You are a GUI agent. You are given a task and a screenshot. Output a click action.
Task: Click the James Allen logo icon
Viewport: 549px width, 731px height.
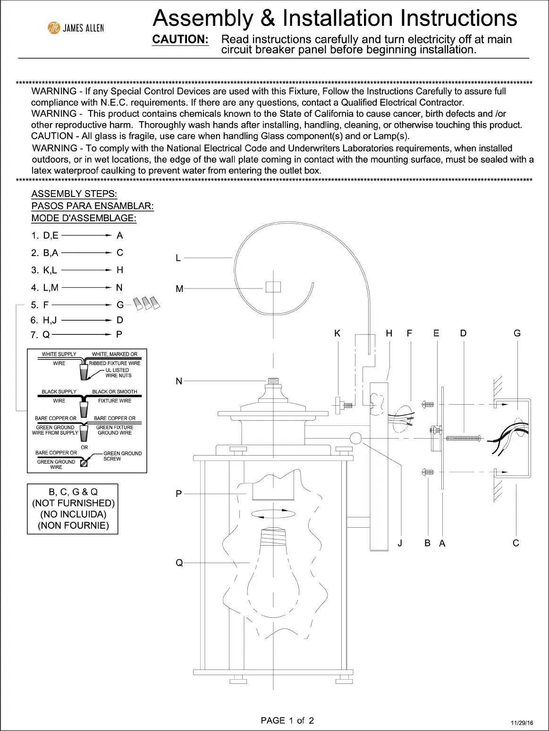54,28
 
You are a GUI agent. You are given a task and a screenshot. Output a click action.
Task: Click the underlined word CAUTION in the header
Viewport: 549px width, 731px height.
181,40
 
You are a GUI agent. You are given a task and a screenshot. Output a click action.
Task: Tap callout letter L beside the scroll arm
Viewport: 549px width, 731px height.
178,258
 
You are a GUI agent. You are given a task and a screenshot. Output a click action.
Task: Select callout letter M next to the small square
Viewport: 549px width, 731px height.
179,289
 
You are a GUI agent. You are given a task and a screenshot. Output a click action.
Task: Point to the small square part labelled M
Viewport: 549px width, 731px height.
273,287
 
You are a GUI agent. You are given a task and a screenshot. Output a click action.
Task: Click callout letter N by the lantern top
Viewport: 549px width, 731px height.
179,381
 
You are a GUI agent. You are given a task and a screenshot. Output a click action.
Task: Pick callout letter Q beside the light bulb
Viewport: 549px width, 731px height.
179,563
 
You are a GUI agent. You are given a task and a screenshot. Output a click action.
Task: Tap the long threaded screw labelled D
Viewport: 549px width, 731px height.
463,439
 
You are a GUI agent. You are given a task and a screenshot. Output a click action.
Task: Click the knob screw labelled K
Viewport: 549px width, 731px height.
342,404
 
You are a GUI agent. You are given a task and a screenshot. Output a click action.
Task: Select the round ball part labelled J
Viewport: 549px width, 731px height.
355,439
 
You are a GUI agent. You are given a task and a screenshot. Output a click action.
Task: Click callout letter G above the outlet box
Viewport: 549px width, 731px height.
517,333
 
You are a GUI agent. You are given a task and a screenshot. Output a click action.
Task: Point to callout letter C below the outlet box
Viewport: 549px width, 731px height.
516,543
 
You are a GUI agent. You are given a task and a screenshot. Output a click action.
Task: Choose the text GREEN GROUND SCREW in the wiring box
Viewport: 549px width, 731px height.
122,456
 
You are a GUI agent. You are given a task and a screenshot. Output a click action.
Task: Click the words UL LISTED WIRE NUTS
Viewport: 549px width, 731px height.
118,373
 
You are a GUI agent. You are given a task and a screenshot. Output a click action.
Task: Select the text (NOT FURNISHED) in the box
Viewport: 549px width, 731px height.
73,503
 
